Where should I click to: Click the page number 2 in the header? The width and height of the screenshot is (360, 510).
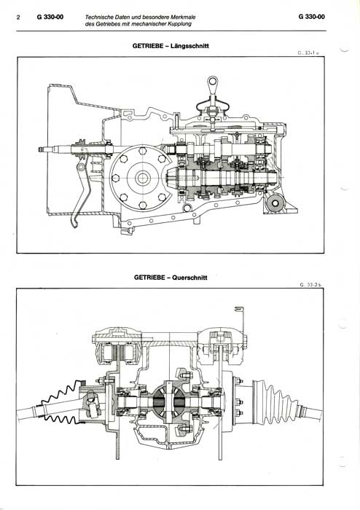[18, 17]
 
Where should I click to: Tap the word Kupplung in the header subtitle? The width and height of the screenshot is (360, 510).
[181, 24]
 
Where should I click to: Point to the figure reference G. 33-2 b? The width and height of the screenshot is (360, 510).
[310, 285]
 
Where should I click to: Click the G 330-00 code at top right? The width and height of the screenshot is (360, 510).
[311, 17]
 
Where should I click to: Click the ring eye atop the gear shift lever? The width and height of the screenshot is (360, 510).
[213, 80]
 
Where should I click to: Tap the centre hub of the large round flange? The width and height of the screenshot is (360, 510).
[142, 178]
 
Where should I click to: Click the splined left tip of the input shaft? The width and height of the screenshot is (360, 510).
[42, 149]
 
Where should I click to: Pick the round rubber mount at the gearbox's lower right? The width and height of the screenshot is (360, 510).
[275, 203]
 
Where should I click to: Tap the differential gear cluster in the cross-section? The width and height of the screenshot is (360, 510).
[170, 399]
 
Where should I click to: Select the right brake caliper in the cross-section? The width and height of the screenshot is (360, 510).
[222, 346]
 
